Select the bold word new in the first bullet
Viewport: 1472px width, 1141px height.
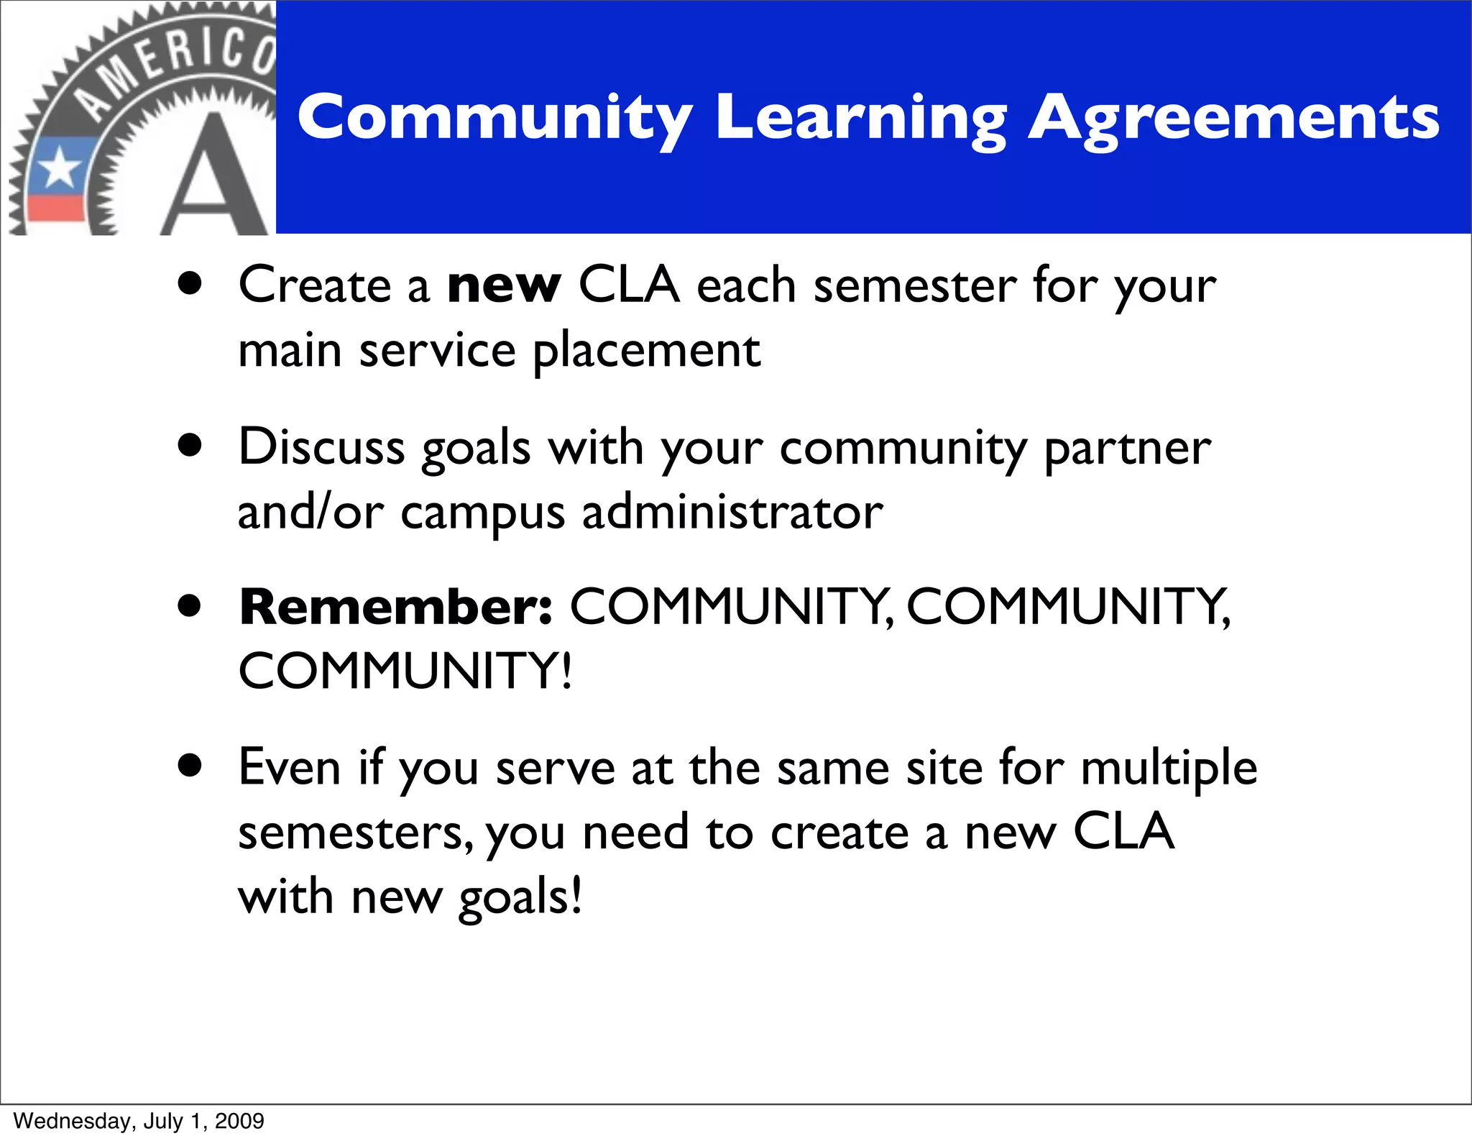click(503, 285)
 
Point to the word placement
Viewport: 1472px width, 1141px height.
click(646, 352)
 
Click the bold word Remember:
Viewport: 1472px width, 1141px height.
click(396, 608)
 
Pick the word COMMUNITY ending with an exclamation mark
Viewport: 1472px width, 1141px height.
click(405, 672)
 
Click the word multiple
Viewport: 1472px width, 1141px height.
click(1169, 768)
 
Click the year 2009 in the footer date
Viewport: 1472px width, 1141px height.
click(239, 1121)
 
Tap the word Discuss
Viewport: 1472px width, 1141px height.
click(321, 447)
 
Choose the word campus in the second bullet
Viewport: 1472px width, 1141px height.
click(482, 513)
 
